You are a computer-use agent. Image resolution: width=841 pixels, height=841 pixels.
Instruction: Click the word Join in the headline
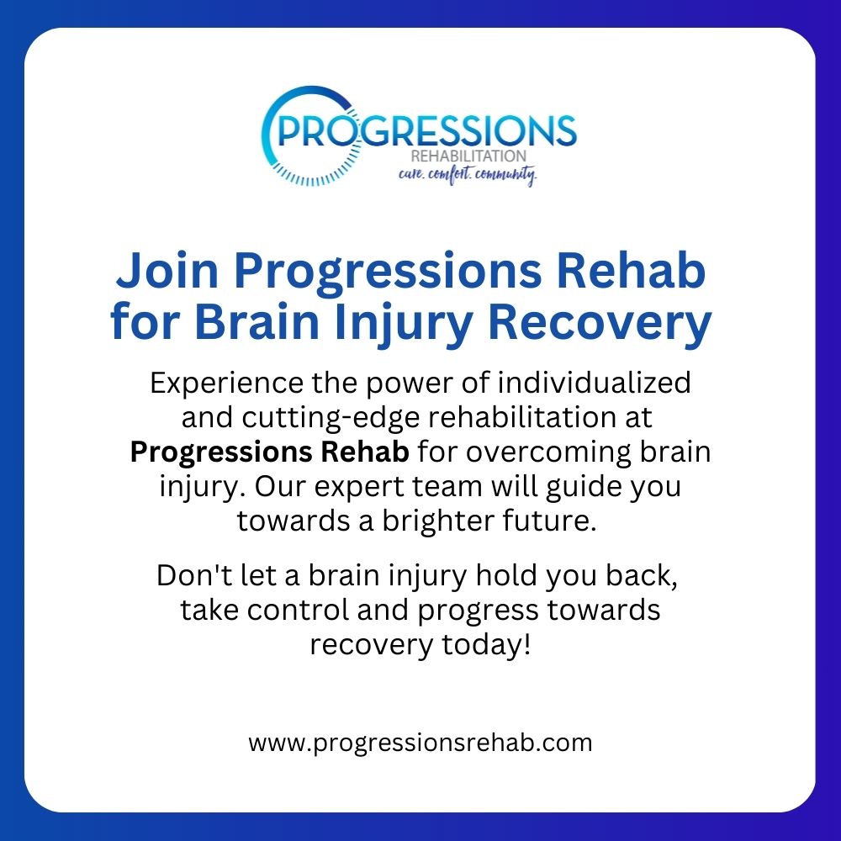(x=167, y=270)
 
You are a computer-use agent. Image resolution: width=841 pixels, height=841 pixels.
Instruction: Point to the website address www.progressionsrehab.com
(x=420, y=743)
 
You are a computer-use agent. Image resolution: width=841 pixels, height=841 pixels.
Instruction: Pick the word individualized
(x=594, y=383)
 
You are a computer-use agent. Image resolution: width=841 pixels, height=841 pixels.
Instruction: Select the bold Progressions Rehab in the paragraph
(x=270, y=453)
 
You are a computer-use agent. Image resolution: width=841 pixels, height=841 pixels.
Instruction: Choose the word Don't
(x=195, y=575)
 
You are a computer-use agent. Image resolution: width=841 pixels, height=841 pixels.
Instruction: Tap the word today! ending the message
(x=486, y=645)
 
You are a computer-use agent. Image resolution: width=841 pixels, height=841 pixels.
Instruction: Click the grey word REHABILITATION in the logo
(x=468, y=156)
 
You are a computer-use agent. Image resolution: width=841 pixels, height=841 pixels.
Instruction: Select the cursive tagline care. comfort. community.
(x=467, y=175)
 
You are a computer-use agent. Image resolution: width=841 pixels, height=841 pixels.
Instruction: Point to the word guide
(x=584, y=488)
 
